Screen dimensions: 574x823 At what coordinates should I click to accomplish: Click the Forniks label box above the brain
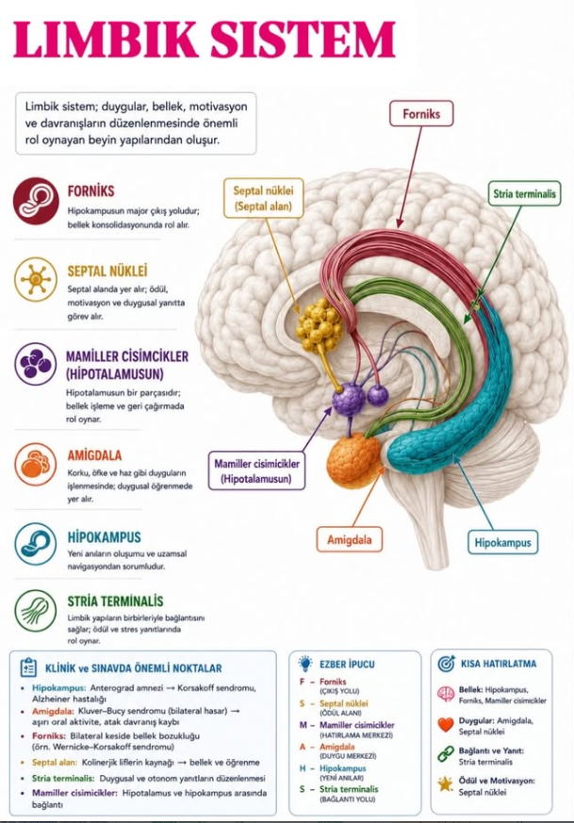pos(421,114)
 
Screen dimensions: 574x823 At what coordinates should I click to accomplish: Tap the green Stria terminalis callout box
pos(524,193)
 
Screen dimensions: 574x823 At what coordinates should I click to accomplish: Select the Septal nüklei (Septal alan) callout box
pos(263,198)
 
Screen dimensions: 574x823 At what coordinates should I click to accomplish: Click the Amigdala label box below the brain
pos(350,539)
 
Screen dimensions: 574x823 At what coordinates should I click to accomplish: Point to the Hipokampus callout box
pos(502,542)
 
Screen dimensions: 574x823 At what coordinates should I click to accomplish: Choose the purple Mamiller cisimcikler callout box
pos(256,470)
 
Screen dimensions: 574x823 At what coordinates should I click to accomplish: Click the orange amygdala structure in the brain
pos(354,459)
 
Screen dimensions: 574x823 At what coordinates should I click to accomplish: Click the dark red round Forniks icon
pos(36,201)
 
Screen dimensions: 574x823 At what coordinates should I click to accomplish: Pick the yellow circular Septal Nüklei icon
pos(35,279)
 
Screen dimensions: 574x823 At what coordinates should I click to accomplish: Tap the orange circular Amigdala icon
pos(35,464)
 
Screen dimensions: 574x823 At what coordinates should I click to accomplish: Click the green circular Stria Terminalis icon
pos(35,611)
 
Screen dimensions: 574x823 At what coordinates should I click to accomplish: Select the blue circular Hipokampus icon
pos(35,544)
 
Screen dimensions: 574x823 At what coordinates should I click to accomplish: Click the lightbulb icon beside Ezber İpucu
pos(305,664)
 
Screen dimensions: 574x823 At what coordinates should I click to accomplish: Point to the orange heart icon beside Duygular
pos(446,724)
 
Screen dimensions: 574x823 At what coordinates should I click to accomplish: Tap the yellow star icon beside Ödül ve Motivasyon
pos(446,784)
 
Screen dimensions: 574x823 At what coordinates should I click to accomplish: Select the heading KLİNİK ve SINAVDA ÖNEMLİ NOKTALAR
pos(133,668)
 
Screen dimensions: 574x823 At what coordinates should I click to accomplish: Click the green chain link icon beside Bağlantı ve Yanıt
pos(446,754)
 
